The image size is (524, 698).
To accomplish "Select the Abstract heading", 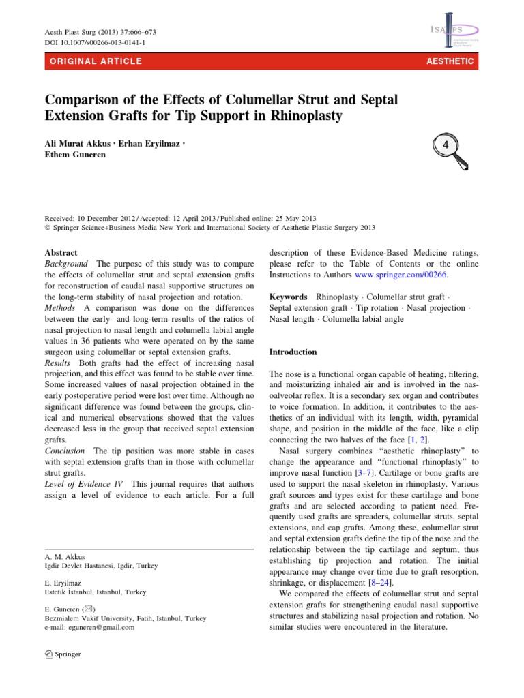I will pyautogui.click(x=61, y=252).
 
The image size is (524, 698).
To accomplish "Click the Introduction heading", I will pyautogui.click(x=293, y=352).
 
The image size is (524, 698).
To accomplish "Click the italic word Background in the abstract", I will pyautogui.click(x=66, y=264).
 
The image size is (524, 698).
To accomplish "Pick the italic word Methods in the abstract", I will pyautogui.click(x=61, y=309).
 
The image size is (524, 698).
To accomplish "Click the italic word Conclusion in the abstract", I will pyautogui.click(x=65, y=451).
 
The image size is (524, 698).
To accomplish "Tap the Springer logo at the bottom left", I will pyautogui.click(x=62, y=654).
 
